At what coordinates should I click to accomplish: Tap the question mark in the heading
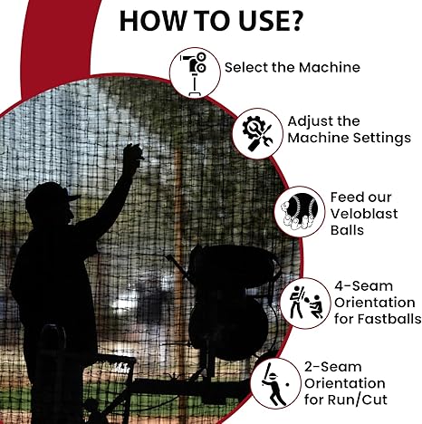295,21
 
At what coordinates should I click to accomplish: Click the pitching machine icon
195,73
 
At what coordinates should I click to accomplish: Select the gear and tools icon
257,134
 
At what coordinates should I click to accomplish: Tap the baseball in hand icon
300,212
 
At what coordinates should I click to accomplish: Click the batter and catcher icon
305,303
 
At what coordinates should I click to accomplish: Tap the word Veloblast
364,214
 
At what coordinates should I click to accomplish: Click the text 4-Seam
364,286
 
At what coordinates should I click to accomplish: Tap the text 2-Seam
333,367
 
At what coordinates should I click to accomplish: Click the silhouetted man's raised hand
133,152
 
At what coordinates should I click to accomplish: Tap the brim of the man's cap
73,198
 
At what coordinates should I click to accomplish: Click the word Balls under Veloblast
347,230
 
